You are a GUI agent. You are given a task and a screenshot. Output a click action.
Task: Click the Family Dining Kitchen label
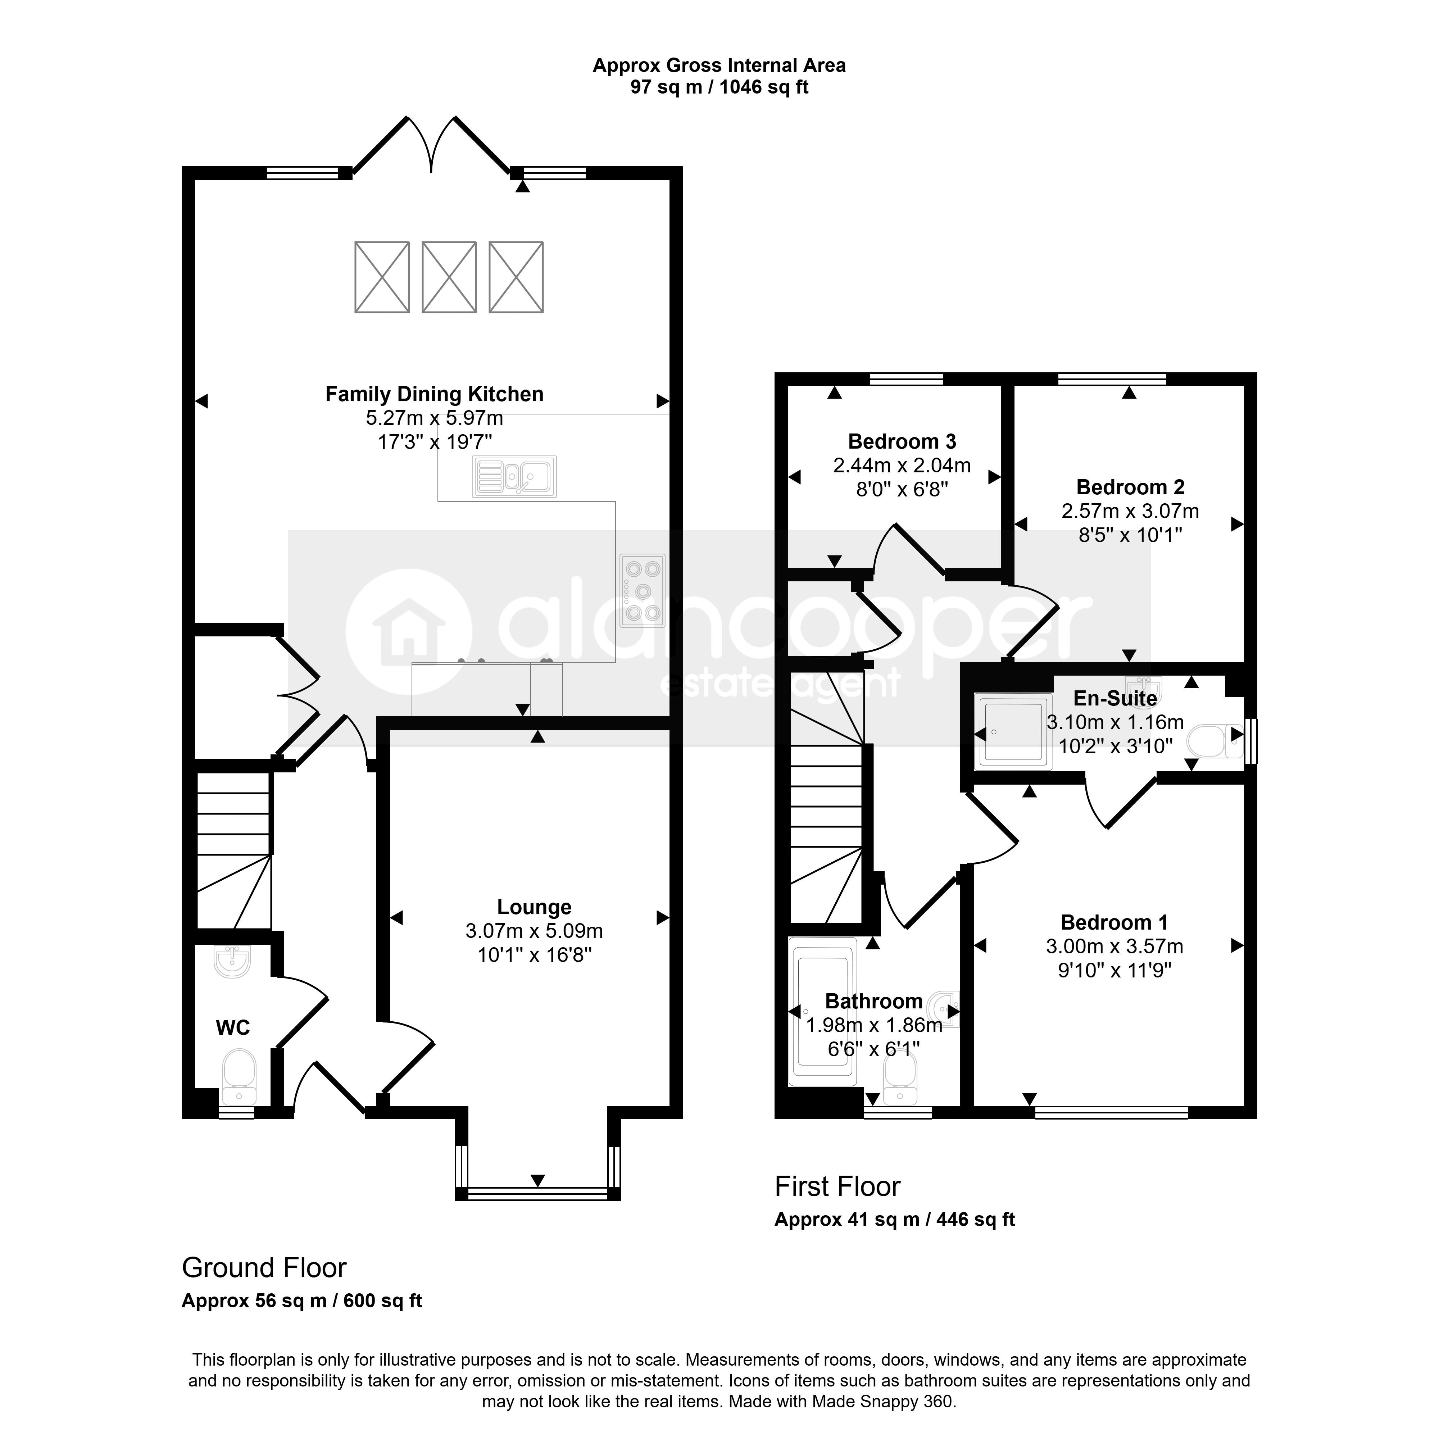[x=434, y=394]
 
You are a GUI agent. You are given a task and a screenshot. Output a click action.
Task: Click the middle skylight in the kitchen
[x=449, y=277]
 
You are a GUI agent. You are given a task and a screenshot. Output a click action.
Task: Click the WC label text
[x=232, y=1028]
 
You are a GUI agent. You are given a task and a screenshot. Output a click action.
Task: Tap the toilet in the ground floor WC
[x=239, y=1077]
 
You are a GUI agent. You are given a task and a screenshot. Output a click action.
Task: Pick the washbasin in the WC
[x=232, y=961]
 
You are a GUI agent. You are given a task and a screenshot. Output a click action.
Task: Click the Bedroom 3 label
[x=902, y=442]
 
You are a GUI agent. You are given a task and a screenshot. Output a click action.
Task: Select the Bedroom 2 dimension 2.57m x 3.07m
[x=1130, y=511]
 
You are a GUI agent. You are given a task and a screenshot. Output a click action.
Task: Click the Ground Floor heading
[x=264, y=1268]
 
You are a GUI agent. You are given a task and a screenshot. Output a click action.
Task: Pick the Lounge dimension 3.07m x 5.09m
[x=534, y=931]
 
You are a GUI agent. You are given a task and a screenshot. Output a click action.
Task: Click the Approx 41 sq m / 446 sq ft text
[x=895, y=1219]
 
